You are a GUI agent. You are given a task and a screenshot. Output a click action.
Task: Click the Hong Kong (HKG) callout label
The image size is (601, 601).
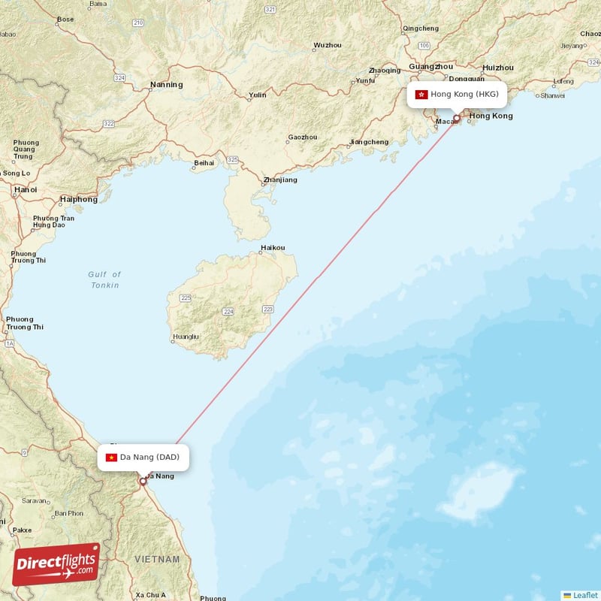click(457, 95)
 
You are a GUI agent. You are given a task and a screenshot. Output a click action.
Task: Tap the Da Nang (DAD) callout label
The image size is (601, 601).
click(143, 457)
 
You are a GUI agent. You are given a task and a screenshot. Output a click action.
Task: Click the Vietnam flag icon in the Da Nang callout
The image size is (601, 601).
click(111, 457)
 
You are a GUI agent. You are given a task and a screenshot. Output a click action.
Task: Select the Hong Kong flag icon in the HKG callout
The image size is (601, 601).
click(421, 95)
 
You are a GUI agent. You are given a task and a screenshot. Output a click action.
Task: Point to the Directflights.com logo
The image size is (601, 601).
click(56, 563)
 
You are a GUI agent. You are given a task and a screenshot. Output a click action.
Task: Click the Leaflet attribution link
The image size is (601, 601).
click(585, 595)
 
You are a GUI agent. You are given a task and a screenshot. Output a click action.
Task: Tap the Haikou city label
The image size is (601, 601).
click(273, 248)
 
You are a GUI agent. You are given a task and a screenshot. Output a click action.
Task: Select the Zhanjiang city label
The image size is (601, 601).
click(280, 180)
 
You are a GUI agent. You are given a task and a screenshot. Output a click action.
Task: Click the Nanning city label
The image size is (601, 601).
click(166, 85)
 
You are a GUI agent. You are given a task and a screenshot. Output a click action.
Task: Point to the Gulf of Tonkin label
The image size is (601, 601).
click(104, 280)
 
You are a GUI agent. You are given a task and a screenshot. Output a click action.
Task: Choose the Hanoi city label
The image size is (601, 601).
click(25, 190)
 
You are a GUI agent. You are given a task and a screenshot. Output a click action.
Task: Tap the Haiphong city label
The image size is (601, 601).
click(79, 200)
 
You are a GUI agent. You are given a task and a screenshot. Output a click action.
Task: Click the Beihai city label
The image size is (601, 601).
click(204, 162)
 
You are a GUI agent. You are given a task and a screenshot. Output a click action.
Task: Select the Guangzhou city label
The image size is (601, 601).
click(431, 66)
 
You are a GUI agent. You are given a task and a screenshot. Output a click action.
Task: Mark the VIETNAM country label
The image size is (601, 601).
click(157, 560)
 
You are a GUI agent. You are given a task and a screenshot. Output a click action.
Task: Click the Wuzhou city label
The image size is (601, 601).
click(327, 45)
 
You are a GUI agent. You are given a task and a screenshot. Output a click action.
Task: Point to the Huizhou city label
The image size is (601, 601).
click(498, 67)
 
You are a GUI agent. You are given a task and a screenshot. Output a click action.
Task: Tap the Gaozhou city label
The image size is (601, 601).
click(303, 137)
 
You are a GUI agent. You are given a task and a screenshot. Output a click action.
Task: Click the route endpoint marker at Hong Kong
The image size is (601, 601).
click(456, 118)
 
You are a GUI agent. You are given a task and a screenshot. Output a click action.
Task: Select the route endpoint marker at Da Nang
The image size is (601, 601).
click(143, 482)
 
